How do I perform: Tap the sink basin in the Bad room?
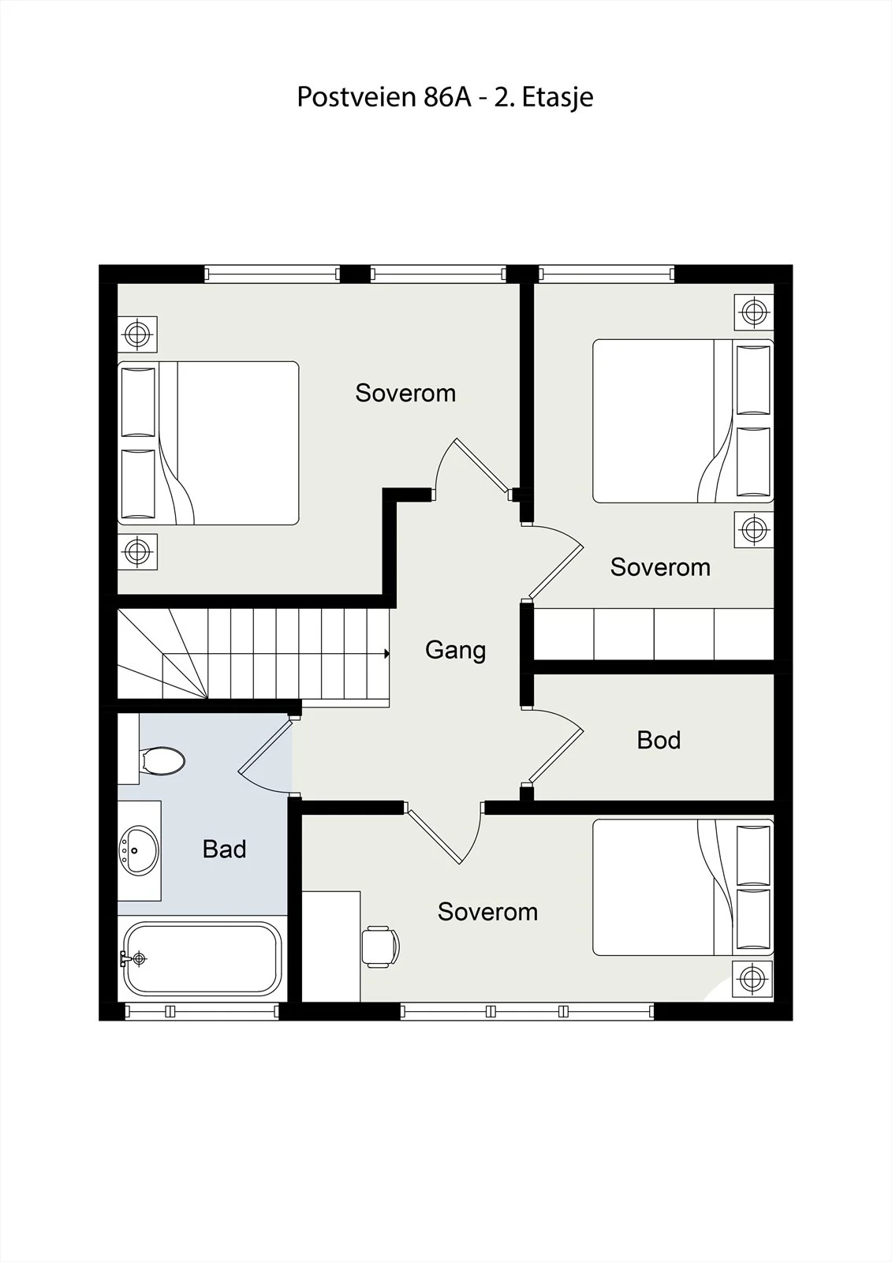coord(139,850)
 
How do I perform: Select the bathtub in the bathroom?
coord(203,958)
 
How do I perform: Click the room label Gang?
coord(455,650)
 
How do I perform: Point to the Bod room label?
coord(659,740)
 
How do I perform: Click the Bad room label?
coord(224,849)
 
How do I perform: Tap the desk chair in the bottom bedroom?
coord(380,946)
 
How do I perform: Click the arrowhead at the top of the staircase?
coord(387,654)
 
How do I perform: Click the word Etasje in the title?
coord(558,98)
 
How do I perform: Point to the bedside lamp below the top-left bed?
coord(137,551)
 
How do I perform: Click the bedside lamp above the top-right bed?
coord(754,312)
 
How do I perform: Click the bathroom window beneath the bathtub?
coord(201,1011)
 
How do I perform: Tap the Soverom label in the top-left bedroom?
coord(405,393)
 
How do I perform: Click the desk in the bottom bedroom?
coord(331,946)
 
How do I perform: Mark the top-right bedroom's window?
coord(606,274)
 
